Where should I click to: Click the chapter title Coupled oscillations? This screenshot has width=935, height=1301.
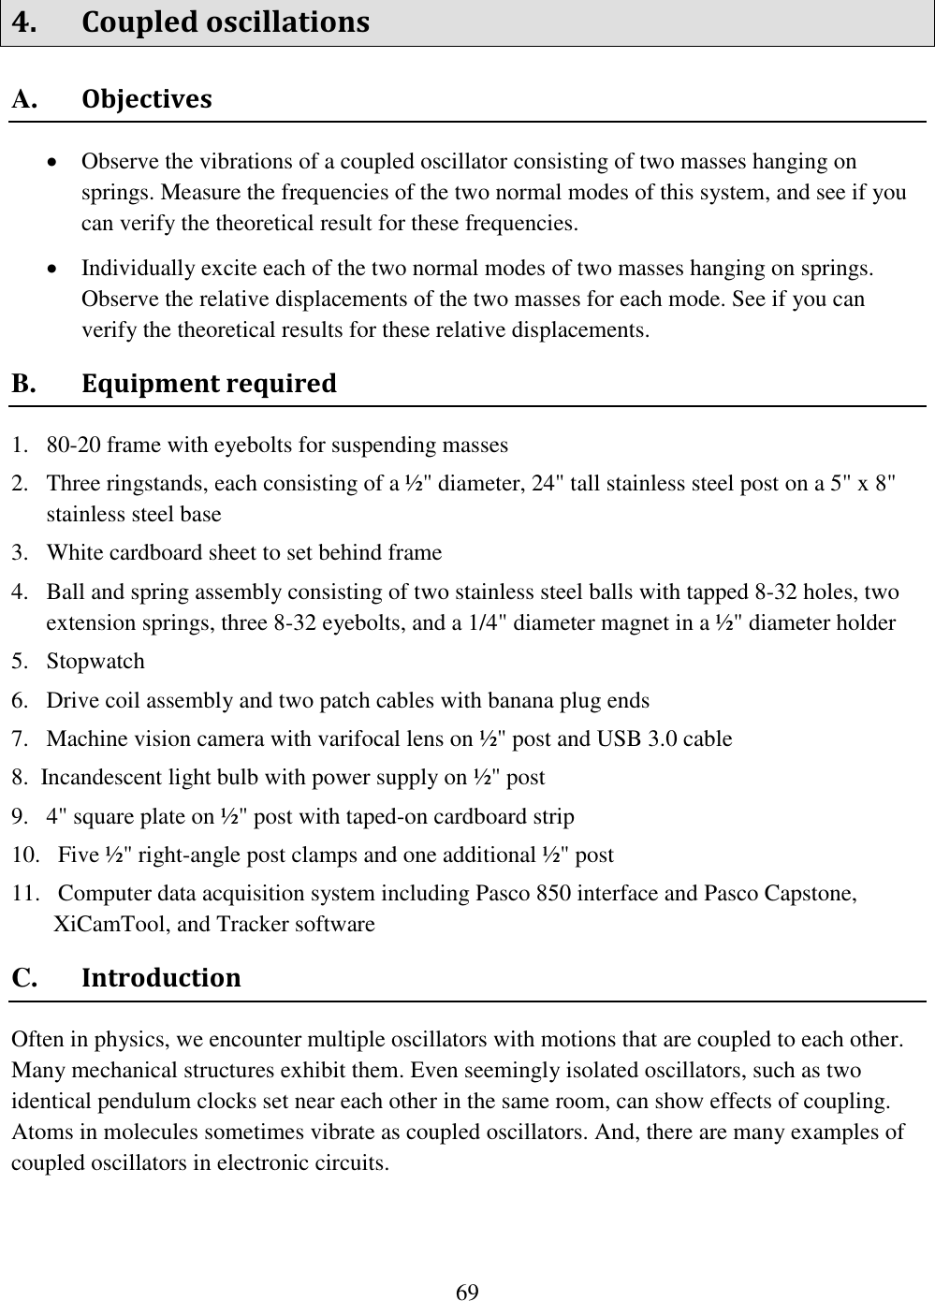(x=225, y=22)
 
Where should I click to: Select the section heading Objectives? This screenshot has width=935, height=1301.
(x=146, y=99)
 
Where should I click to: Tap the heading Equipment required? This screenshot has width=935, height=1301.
(x=209, y=384)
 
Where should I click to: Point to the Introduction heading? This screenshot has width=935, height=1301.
(x=161, y=978)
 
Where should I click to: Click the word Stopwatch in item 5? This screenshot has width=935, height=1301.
(x=95, y=662)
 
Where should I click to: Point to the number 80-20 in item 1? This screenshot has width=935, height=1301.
(x=74, y=446)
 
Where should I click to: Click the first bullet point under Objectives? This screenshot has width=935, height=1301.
(x=57, y=162)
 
